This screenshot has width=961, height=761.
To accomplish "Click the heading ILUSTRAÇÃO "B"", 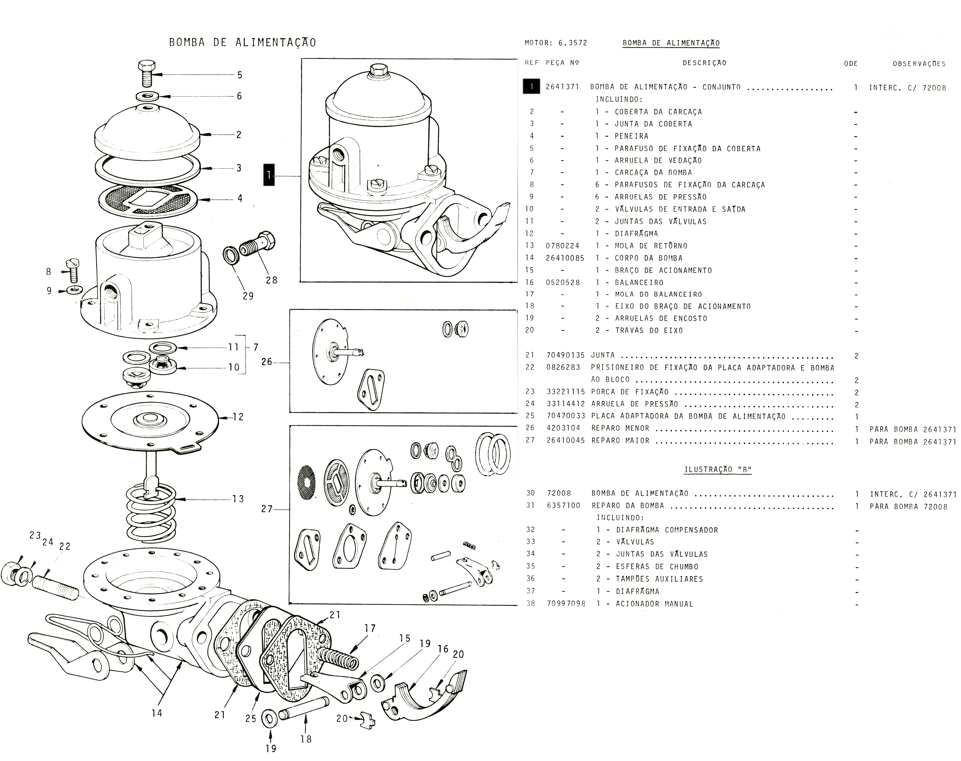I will click(718, 470).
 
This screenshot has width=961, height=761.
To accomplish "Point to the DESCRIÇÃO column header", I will click(704, 63).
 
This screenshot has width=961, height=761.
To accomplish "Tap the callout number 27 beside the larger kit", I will click(266, 509).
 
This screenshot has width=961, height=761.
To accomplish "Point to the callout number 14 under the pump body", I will click(156, 713).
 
